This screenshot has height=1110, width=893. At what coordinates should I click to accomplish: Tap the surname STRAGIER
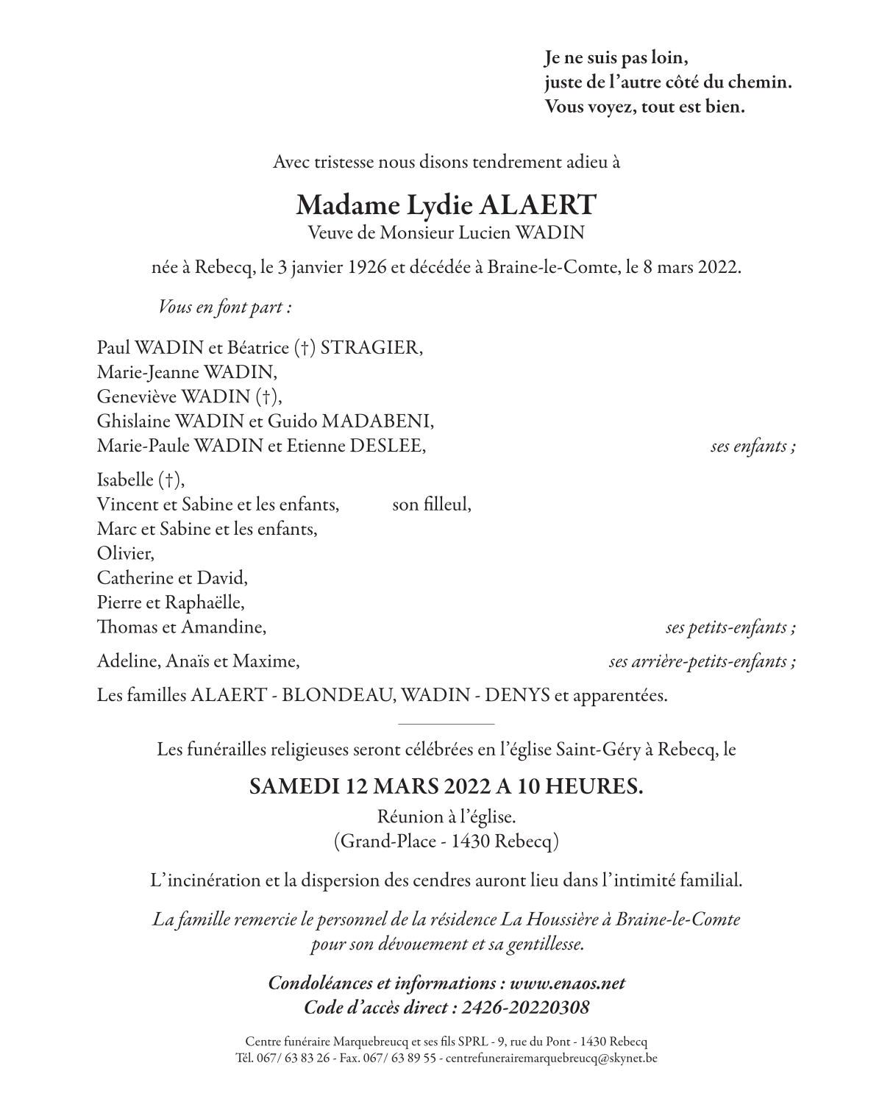tap(371, 347)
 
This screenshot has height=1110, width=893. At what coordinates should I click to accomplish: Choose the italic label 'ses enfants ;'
tap(753, 447)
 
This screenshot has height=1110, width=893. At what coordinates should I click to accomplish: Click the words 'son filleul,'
tap(432, 505)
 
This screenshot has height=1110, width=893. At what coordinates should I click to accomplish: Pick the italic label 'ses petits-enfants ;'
tap(730, 627)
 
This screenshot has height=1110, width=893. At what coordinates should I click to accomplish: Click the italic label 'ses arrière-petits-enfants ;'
tap(702, 661)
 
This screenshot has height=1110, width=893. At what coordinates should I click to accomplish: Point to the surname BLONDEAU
tap(335, 695)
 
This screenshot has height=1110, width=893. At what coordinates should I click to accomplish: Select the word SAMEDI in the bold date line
tap(293, 786)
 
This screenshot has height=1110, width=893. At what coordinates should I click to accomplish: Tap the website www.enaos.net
tap(567, 983)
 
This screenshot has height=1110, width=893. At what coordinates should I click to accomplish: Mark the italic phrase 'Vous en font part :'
tap(225, 307)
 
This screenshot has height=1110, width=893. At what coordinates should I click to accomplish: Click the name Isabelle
tap(125, 480)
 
